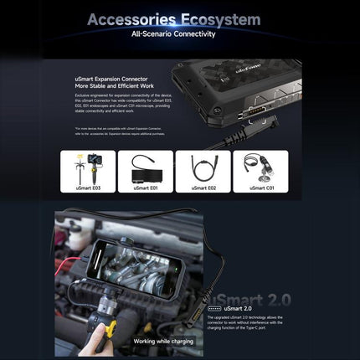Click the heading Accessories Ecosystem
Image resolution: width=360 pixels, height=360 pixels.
click(173, 19)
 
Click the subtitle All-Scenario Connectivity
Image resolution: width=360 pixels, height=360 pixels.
click(173, 35)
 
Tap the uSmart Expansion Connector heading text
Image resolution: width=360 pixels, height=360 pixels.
click(113, 81)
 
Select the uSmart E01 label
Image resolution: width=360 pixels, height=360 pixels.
click(145, 188)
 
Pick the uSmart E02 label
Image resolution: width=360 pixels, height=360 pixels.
click(202, 188)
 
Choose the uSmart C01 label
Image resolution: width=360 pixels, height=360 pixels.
click(259, 188)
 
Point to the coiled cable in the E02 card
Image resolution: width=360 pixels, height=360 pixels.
click(202, 167)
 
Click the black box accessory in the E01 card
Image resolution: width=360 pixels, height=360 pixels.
click(144, 173)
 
